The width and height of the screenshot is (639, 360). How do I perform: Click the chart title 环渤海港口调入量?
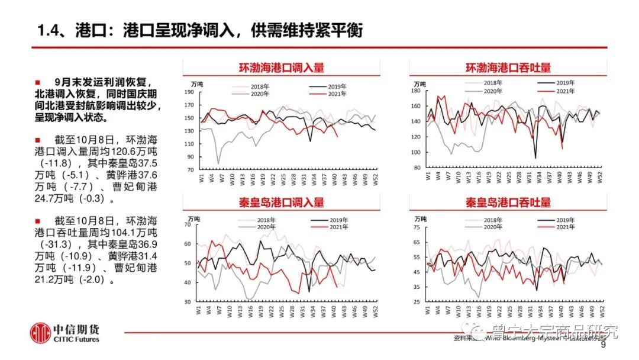[x=281, y=68]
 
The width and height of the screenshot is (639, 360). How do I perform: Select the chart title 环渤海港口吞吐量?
[x=508, y=68]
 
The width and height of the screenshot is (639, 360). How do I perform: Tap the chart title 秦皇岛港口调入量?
[x=281, y=202]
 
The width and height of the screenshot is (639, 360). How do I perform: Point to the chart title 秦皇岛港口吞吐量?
[x=508, y=202]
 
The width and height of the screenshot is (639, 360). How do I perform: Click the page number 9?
[x=603, y=346]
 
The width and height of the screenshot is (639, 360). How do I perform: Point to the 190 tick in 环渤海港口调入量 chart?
[x=189, y=92]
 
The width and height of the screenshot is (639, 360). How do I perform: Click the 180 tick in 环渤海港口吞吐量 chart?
[x=415, y=90]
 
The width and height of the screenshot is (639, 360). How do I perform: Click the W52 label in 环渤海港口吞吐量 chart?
[x=602, y=177]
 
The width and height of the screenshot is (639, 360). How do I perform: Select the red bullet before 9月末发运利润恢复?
[x=38, y=82]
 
